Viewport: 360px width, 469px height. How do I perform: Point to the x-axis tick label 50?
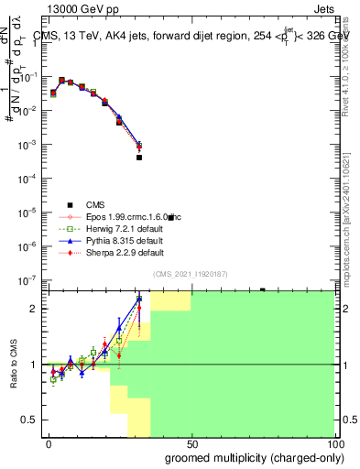click(191, 444)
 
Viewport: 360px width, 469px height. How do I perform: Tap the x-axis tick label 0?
click(49, 444)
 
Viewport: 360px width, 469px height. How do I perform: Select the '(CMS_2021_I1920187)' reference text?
click(190, 272)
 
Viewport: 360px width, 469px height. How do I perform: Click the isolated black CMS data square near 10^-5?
click(170, 217)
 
